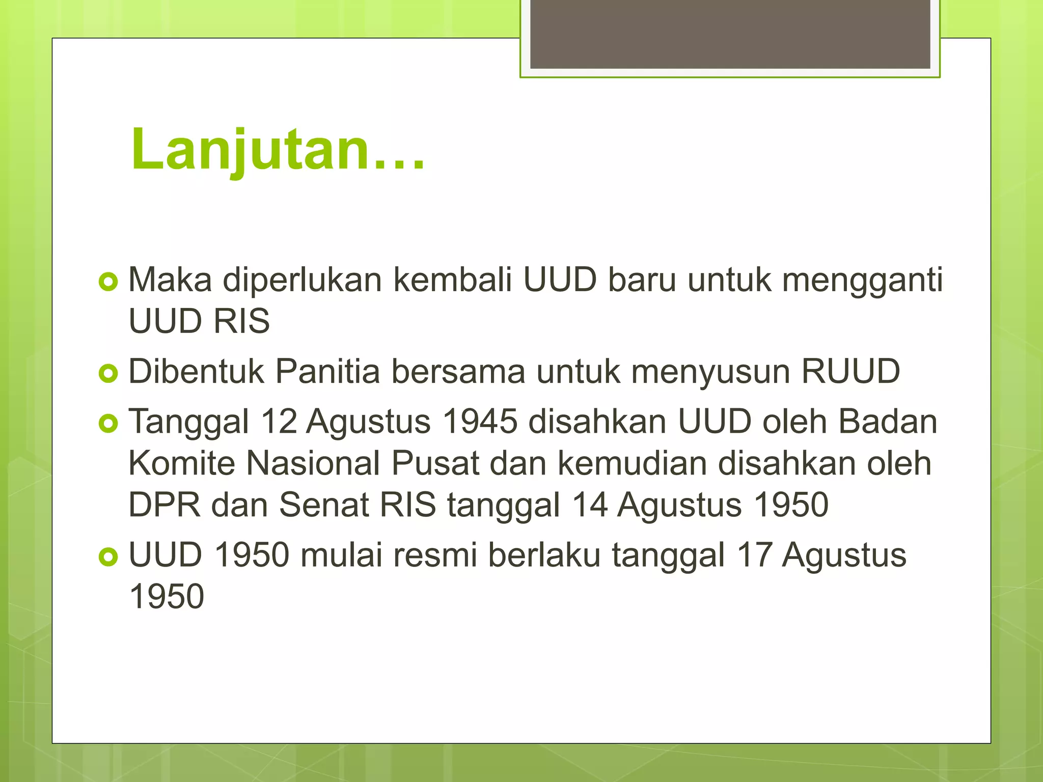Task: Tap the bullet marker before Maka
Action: pos(108,282)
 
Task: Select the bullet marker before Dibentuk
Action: pos(108,373)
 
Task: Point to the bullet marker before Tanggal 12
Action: pos(108,423)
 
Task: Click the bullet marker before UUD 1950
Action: pos(108,556)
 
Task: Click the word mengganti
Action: pos(862,281)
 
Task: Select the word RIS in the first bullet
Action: pos(241,322)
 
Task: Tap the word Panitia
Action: pos(327,372)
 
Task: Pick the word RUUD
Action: pos(850,372)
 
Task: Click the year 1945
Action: pos(480,422)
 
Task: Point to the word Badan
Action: pos(887,422)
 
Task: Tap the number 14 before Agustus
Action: pos(589,505)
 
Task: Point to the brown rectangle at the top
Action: pos(730,34)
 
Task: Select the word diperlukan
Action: pos(302,280)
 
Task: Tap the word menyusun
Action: pos(710,372)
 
